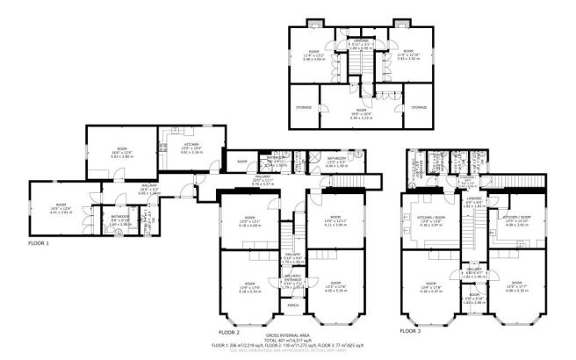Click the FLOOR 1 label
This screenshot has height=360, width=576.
pyautogui.click(x=39, y=242)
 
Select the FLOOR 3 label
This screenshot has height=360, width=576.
pyautogui.click(x=410, y=332)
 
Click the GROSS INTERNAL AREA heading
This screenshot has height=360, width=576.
pyautogui.click(x=288, y=336)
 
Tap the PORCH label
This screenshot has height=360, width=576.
pyautogui.click(x=292, y=306)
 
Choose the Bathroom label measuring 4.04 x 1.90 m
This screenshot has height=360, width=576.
pyautogui.click(x=339, y=162)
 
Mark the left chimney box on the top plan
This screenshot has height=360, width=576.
pyautogui.click(x=315, y=24)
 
